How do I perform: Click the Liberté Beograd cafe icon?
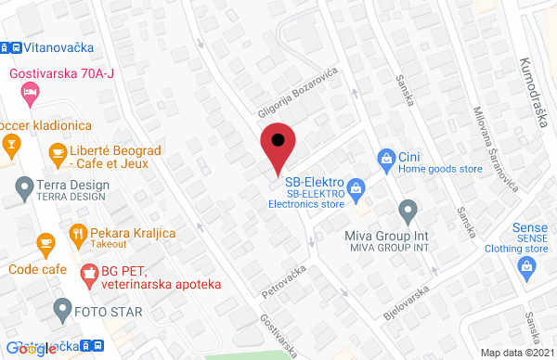(x=58, y=151)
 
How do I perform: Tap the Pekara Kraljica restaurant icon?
(x=77, y=233)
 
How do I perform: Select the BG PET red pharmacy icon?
(x=89, y=274)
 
